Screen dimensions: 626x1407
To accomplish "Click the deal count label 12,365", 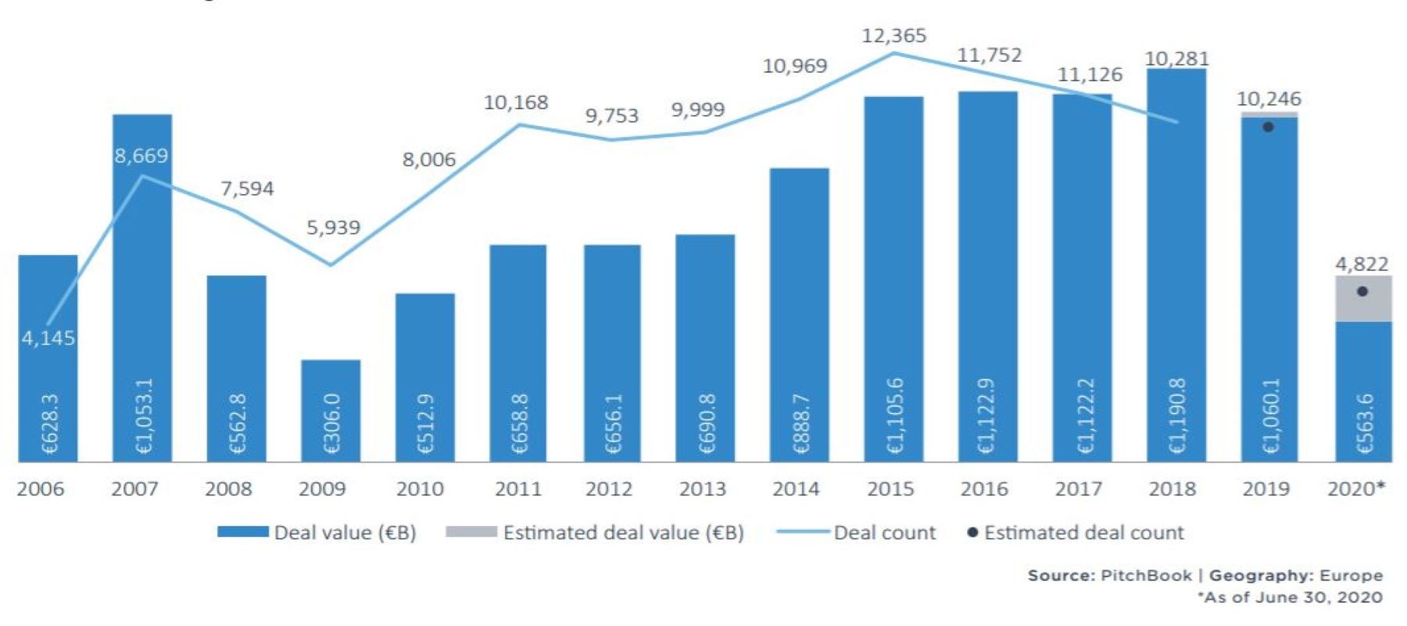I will [893, 36].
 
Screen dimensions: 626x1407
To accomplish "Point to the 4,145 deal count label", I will [48, 338].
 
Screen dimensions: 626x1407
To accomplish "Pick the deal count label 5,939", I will [333, 228].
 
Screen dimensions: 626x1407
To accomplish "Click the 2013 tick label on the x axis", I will [703, 489].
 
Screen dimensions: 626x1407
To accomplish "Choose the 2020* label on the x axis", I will [1356, 489].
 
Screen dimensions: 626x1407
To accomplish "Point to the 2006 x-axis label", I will [41, 489].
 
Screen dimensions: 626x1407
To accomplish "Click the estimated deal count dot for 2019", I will [1268, 127].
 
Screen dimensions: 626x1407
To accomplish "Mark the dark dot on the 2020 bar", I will [1362, 291].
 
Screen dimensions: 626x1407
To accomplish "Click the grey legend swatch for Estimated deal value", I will [471, 532].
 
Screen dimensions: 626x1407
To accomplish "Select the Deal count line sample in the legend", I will [802, 532].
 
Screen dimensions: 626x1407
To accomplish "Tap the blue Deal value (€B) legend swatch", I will [242, 532].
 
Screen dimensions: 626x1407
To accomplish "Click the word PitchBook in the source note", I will [1146, 576].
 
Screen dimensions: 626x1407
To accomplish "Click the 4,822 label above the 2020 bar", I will [1362, 264].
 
